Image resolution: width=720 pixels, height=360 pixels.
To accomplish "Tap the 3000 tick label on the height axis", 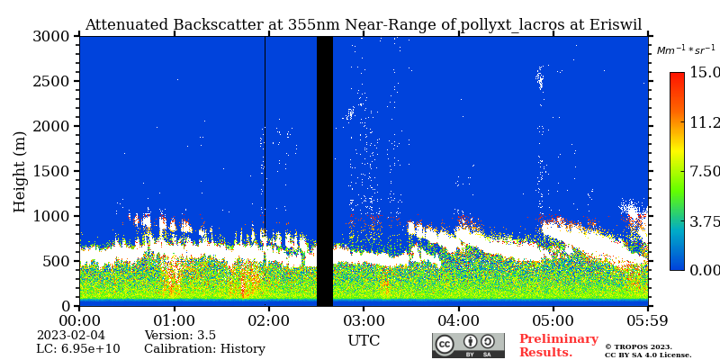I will pyautogui.click(x=52, y=36).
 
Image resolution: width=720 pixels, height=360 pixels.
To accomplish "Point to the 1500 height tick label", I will pyautogui.click(x=52, y=171).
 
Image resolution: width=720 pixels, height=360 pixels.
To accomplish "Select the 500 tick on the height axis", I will pyautogui.click(x=58, y=261).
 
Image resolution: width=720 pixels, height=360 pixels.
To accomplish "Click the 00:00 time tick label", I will pyautogui.click(x=79, y=321).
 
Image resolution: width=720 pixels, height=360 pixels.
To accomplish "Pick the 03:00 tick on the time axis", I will pyautogui.click(x=364, y=321).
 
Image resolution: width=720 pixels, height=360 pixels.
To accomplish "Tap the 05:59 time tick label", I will pyautogui.click(x=647, y=321).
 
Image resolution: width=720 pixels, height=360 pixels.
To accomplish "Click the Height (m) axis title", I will pyautogui.click(x=20, y=171).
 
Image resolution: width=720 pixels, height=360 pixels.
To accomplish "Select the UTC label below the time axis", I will pyautogui.click(x=364, y=341).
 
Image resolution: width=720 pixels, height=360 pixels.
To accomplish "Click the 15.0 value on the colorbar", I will pyautogui.click(x=705, y=72).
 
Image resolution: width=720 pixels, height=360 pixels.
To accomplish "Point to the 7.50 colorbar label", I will pyautogui.click(x=705, y=171).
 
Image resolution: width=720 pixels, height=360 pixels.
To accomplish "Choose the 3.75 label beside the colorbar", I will pyautogui.click(x=705, y=220).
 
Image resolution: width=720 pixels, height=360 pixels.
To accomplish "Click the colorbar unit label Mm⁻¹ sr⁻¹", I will pyautogui.click(x=686, y=50).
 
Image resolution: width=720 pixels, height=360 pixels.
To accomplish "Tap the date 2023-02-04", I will pyautogui.click(x=70, y=336).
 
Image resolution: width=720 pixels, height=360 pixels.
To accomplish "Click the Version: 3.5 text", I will pyautogui.click(x=180, y=336).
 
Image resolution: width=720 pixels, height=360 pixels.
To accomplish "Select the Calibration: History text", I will pyautogui.click(x=204, y=349).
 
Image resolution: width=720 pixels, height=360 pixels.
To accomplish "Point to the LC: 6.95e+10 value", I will pyautogui.click(x=77, y=349).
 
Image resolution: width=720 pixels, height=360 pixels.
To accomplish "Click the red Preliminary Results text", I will pyautogui.click(x=558, y=346).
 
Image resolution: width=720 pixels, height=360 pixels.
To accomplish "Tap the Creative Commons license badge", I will pyautogui.click(x=468, y=346).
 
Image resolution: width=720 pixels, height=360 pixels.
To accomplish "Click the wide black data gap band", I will pyautogui.click(x=325, y=171).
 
